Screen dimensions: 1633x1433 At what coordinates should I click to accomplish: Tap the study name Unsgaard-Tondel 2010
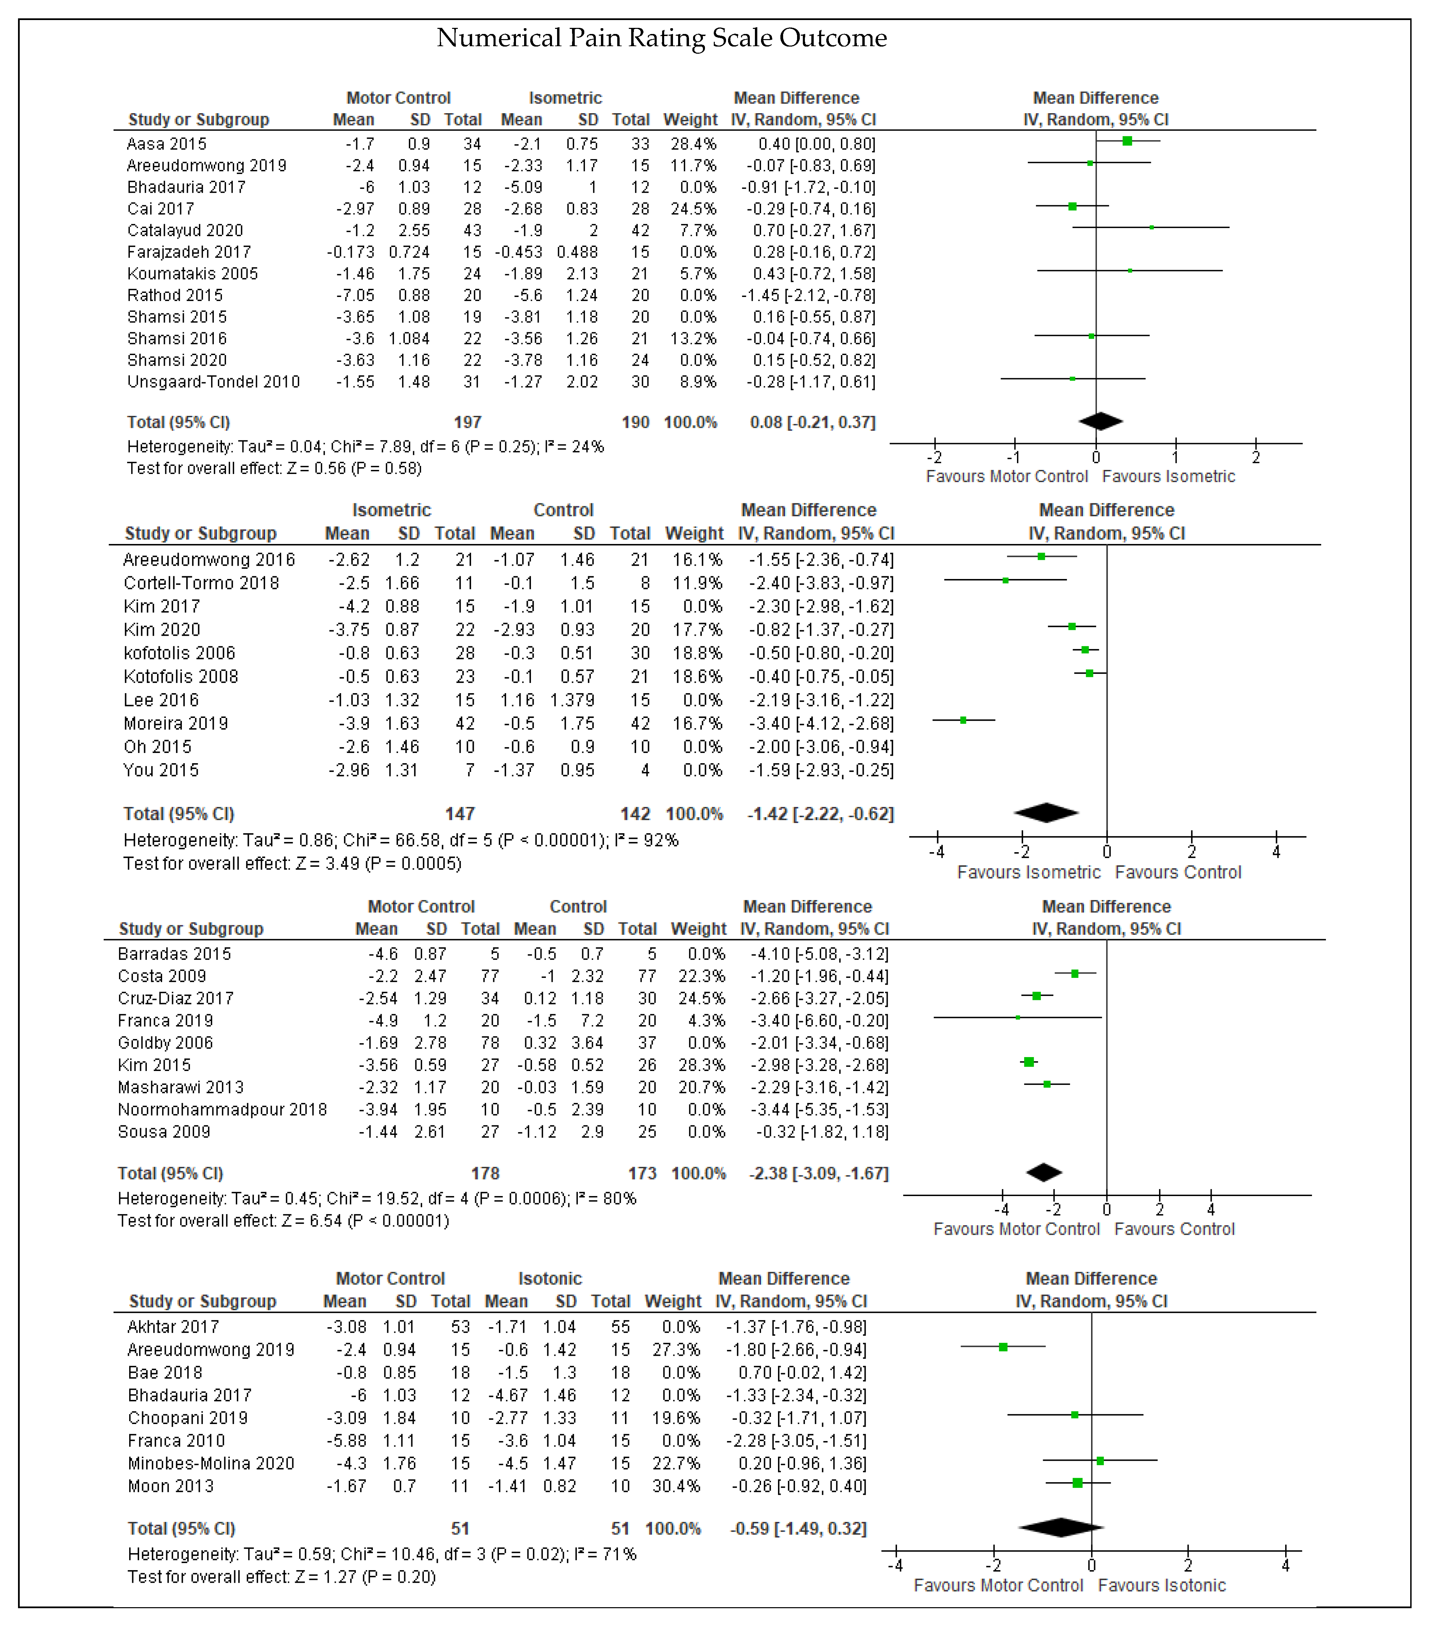tap(213, 382)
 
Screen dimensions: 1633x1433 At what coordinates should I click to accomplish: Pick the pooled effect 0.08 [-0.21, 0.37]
tap(812, 422)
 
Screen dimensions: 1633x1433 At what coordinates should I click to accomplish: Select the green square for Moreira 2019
tap(963, 721)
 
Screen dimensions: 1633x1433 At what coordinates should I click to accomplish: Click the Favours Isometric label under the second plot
tap(1029, 873)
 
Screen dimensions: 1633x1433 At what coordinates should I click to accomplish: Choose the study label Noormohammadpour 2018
tap(222, 1110)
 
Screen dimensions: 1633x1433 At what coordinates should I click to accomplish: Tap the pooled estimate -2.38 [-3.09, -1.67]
tap(818, 1174)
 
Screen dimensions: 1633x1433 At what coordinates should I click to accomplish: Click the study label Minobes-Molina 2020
tap(211, 1464)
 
